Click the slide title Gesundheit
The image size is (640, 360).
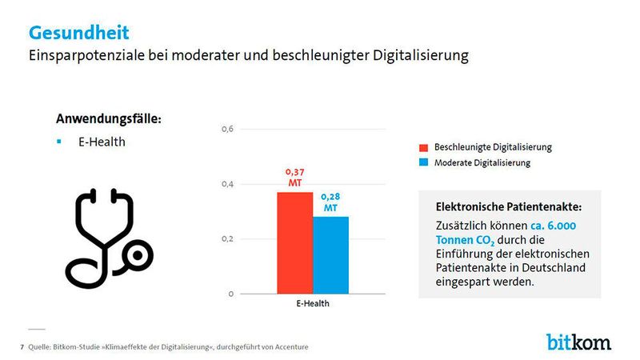(x=78, y=33)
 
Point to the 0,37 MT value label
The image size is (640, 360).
(x=294, y=177)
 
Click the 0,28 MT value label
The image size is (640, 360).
(x=330, y=202)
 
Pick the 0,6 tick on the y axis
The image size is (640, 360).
(x=226, y=129)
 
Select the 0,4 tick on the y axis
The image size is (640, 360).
(x=226, y=184)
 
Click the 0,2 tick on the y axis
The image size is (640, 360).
(x=226, y=239)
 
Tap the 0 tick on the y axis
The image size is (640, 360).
(x=230, y=294)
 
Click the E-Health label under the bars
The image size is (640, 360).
(x=312, y=305)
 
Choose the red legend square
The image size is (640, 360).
(x=423, y=148)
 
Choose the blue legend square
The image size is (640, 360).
(x=423, y=163)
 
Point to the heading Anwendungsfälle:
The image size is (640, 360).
(x=108, y=118)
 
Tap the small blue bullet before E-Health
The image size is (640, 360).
(x=58, y=142)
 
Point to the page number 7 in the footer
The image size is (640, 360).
(x=22, y=346)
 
